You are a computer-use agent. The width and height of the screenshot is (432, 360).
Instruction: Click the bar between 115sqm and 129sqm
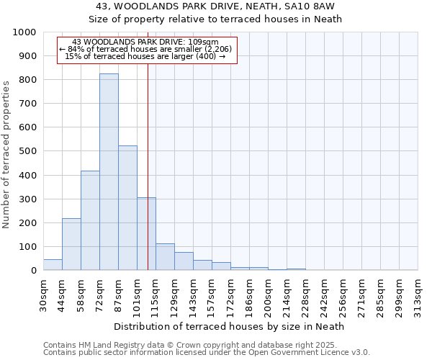(165, 257)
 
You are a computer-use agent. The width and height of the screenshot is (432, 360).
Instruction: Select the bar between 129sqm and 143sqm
(184, 261)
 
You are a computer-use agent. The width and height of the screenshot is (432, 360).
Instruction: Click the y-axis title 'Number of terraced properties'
(6, 154)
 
